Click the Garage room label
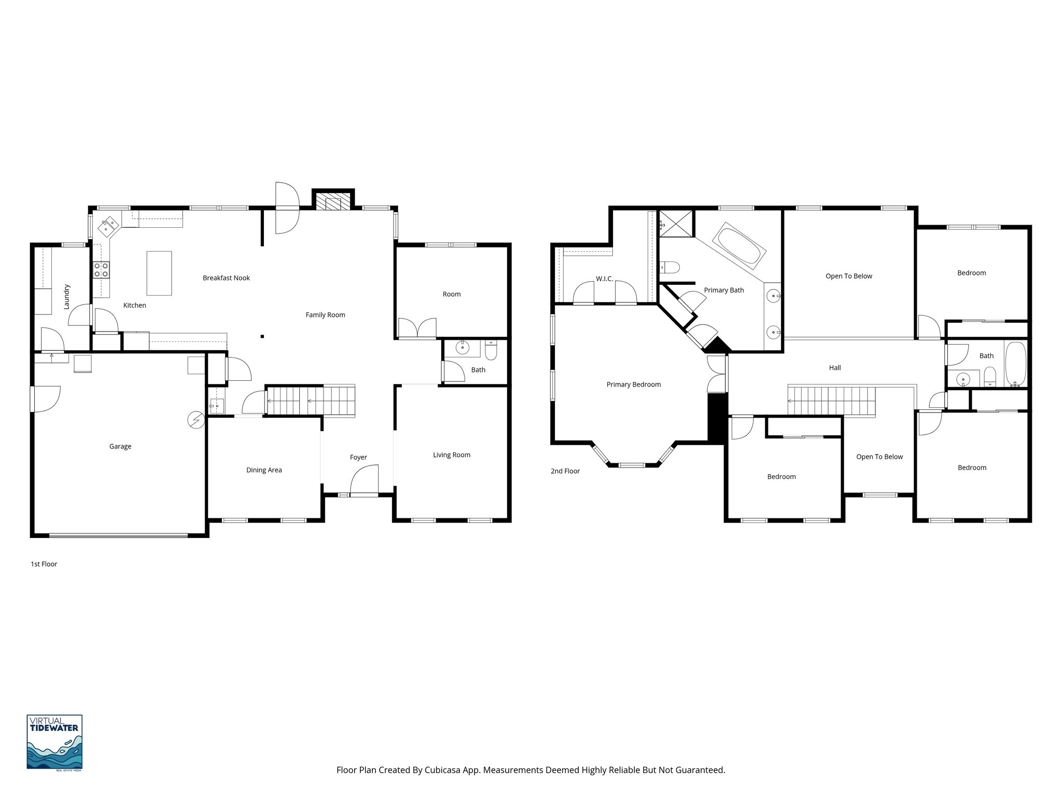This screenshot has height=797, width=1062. (120, 446)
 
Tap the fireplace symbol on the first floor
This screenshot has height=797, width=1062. (333, 203)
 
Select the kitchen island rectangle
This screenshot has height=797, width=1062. (159, 273)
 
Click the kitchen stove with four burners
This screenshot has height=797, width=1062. (101, 270)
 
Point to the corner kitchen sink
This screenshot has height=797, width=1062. (108, 225)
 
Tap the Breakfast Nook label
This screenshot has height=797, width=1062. (226, 278)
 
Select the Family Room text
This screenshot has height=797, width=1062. (325, 315)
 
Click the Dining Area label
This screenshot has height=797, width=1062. (264, 470)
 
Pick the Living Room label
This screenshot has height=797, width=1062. (452, 455)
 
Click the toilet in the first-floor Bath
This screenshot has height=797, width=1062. (491, 351)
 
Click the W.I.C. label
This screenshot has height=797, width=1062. (604, 279)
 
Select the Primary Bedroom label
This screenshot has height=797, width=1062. (634, 384)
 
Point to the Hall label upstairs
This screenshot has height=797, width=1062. (835, 368)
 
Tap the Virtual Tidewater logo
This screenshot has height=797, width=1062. (54, 742)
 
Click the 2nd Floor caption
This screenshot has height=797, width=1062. (565, 471)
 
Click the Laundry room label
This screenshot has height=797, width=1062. (66, 297)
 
